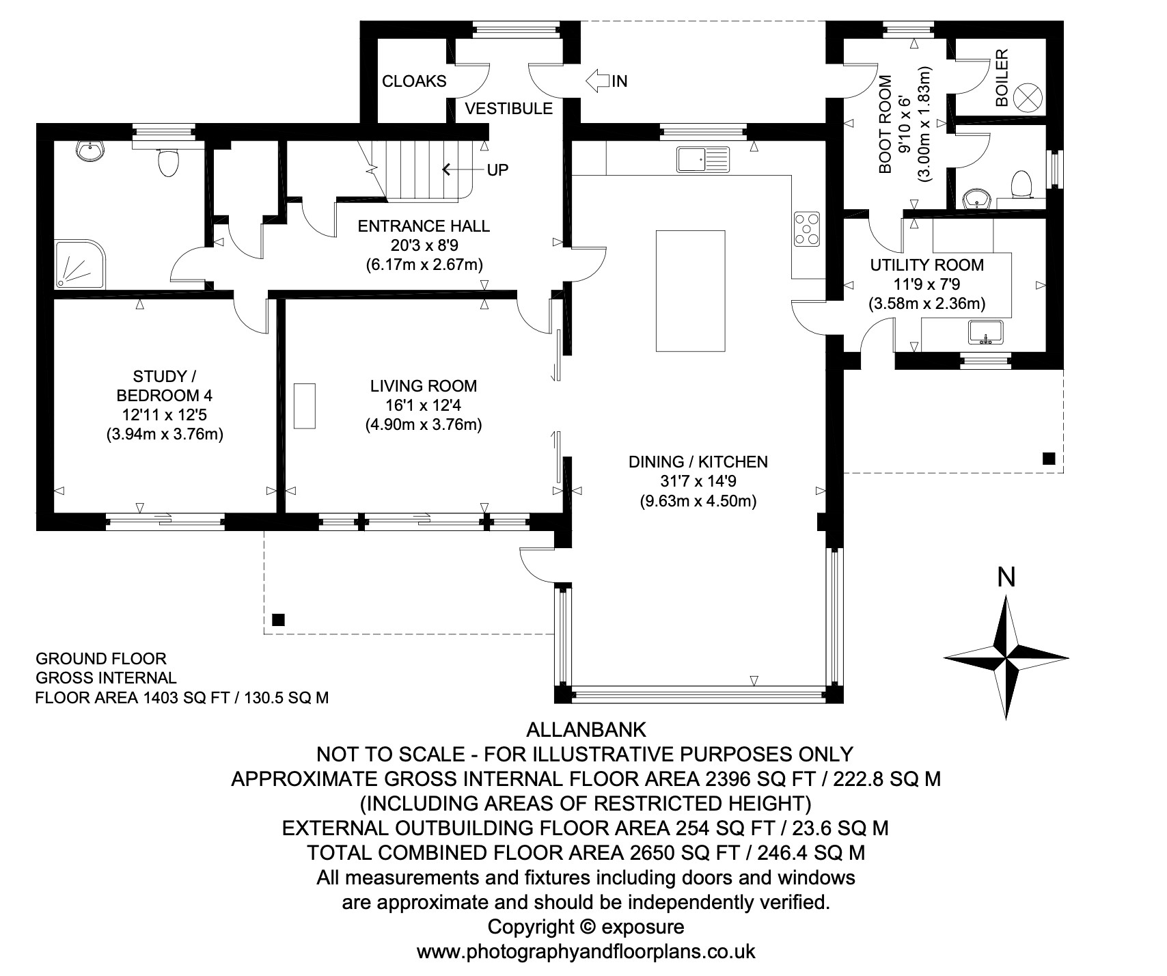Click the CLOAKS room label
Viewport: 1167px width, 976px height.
tap(414, 81)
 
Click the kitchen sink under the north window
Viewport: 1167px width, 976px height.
tap(703, 159)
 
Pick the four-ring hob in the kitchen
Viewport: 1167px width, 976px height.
tap(807, 228)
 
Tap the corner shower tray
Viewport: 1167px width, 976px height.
tap(81, 263)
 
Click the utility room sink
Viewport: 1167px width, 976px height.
tap(985, 331)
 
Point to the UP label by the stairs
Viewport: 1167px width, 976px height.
tap(497, 170)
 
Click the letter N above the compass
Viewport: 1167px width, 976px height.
tap(1006, 578)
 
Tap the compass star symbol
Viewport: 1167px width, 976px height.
tap(1006, 657)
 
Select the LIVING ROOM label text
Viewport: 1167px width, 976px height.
tap(424, 385)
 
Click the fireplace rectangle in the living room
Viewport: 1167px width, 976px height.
tap(305, 405)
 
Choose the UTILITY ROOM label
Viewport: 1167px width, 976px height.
tap(926, 265)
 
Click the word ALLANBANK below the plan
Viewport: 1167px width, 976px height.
tap(586, 729)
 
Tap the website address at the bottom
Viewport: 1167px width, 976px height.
tap(586, 951)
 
